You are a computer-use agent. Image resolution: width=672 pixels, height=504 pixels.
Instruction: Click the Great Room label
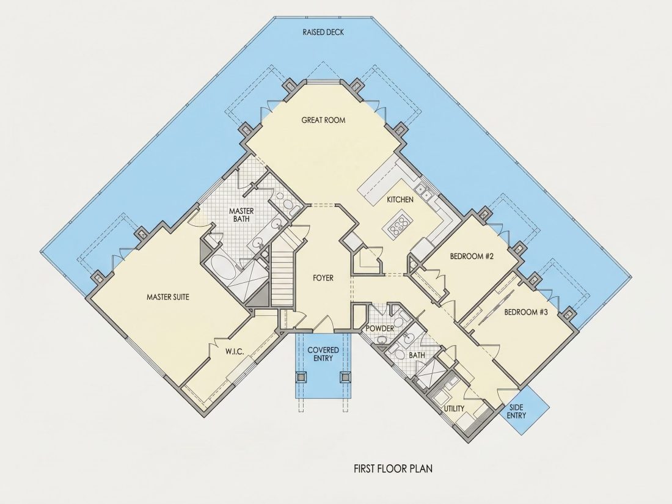point(323,120)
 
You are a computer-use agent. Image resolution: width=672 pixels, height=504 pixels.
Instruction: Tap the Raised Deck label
point(323,32)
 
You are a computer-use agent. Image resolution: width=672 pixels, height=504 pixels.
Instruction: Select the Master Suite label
point(167,296)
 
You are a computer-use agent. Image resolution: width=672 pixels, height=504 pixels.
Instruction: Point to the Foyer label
point(323,278)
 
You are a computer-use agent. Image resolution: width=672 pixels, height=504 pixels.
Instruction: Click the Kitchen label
point(400,200)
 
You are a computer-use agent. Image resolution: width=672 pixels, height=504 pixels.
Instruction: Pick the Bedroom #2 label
point(472,257)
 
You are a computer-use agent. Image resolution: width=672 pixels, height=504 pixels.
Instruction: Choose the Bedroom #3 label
point(526,312)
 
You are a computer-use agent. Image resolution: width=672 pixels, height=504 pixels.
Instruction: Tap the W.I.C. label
point(235,352)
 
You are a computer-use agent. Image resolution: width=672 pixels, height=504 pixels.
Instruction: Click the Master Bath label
point(241,215)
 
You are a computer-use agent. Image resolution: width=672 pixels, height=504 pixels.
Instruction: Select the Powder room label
point(380,329)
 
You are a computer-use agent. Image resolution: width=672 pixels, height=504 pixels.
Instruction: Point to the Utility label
point(454,409)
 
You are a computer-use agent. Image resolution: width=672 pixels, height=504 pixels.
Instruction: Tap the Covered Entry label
point(323,354)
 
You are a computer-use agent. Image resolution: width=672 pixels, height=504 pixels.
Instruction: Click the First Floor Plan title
point(393,469)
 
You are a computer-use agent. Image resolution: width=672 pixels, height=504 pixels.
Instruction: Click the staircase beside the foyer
point(282,274)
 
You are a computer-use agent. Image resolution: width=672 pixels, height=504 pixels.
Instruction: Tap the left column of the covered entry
point(302,377)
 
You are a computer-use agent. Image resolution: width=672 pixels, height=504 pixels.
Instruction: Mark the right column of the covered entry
point(345,377)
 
